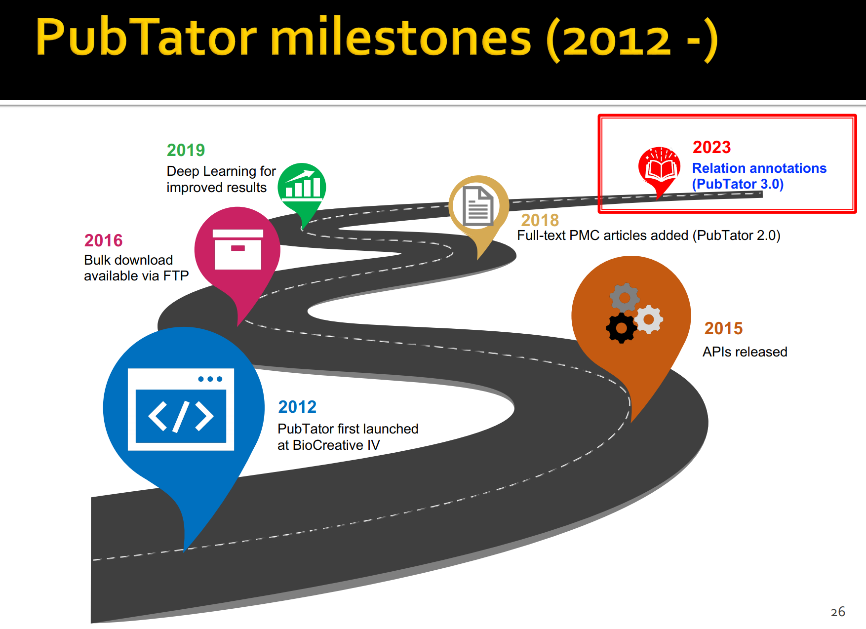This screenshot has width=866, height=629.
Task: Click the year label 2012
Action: click(x=297, y=407)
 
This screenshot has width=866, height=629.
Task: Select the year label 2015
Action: click(x=723, y=328)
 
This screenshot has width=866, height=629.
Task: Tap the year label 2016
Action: click(x=103, y=240)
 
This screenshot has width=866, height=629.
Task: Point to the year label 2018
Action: click(x=540, y=220)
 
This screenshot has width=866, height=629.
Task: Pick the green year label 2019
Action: click(x=186, y=150)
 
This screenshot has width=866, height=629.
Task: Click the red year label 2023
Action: click(x=711, y=147)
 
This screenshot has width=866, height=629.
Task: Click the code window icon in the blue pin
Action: click(x=181, y=409)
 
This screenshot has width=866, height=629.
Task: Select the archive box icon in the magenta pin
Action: click(x=238, y=249)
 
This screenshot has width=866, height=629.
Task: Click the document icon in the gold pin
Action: click(x=478, y=206)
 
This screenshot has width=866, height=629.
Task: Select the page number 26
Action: click(x=838, y=612)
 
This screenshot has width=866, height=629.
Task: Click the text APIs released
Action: click(x=745, y=352)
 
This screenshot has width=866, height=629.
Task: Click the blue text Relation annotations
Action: click(x=759, y=168)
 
